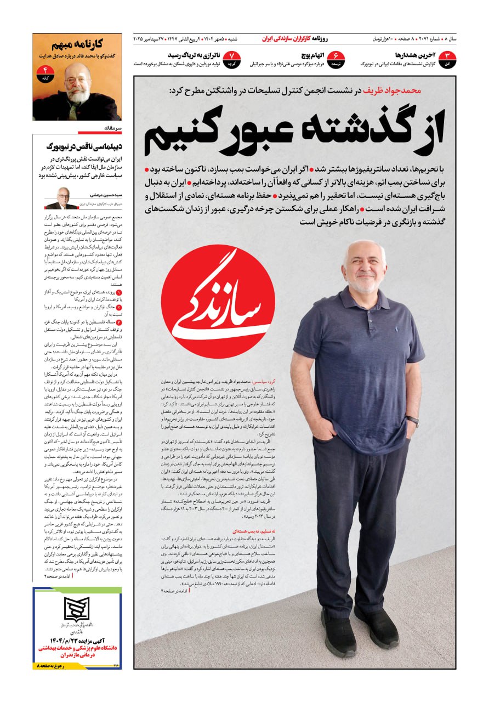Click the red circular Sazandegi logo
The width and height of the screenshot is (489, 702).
[x=218, y=302]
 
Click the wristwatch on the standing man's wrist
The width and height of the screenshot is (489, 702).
[x=412, y=421]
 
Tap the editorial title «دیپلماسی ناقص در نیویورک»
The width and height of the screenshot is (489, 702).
[x=85, y=146]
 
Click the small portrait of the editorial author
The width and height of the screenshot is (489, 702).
[x=61, y=198]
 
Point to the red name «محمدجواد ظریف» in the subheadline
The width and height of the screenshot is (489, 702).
[x=396, y=90]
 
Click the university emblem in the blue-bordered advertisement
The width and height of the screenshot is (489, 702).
[x=77, y=608]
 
